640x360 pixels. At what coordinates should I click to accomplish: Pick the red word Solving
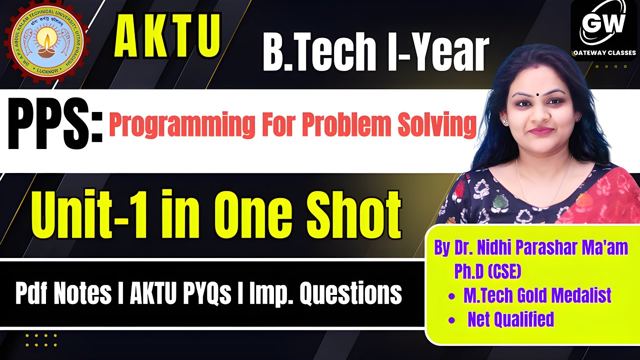pos(436,126)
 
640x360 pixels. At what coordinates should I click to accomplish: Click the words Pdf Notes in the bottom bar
pos(63,294)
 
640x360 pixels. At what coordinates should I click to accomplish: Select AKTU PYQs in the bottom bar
pos(180,294)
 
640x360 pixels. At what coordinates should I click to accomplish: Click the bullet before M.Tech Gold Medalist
pos(452,296)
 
